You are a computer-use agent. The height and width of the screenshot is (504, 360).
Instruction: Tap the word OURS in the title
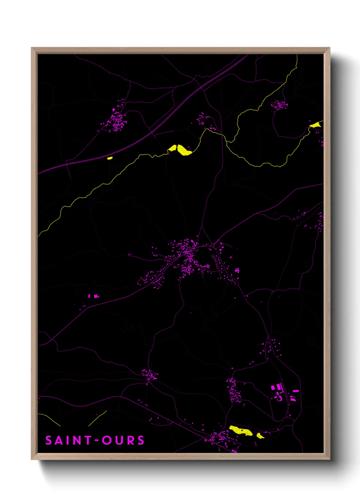tap(123, 440)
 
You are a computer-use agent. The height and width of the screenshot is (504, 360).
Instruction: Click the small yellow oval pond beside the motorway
tap(110, 158)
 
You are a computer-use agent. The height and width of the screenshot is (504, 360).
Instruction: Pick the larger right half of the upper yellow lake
tap(184, 151)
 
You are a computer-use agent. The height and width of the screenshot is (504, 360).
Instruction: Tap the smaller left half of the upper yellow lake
tap(173, 148)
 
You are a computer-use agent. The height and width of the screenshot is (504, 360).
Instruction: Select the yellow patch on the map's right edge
tap(316, 125)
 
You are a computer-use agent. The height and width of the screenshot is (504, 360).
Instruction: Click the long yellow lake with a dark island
tap(241, 431)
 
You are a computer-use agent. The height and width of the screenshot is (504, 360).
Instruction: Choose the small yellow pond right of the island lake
tap(260, 436)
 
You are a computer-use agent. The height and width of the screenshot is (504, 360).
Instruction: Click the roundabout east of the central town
tap(213, 245)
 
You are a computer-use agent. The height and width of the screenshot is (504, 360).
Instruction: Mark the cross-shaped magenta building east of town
tap(237, 270)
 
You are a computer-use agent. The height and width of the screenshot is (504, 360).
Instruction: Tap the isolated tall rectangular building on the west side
tap(89, 296)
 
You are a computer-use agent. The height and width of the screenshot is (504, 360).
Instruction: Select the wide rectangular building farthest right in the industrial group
tap(296, 391)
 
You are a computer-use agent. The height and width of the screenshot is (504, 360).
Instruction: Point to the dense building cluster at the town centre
tap(186, 254)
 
